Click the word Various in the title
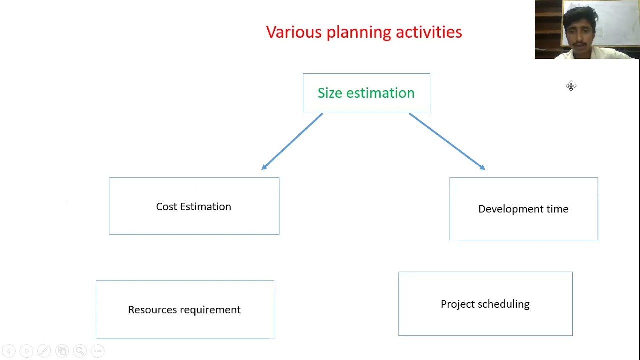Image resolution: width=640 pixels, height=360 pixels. click(x=294, y=32)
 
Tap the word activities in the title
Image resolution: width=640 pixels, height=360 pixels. click(x=429, y=32)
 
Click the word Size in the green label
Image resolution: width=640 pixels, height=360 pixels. click(x=330, y=93)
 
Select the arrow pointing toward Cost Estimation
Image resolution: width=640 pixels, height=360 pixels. click(x=292, y=142)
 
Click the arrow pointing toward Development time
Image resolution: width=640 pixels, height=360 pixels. click(x=447, y=141)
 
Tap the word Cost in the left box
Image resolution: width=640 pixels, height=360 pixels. click(x=166, y=207)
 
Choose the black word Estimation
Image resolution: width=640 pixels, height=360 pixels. click(x=205, y=207)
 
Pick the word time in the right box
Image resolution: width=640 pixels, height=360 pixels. click(x=557, y=209)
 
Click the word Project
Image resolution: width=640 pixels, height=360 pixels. click(x=456, y=304)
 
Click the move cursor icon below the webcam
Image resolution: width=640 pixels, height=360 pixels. click(x=571, y=86)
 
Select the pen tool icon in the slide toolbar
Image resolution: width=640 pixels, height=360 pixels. click(x=44, y=351)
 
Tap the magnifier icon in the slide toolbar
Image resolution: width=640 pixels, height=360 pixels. click(x=80, y=351)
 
